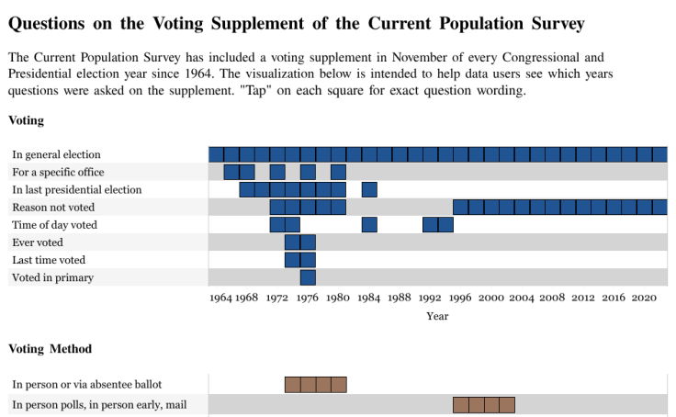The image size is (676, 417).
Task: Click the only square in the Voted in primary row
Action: pos(308,277)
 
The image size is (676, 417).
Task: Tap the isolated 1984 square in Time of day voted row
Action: pos(369,225)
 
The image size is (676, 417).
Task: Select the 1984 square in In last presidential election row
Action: pos(369,190)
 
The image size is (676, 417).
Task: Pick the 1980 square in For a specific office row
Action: pos(338,173)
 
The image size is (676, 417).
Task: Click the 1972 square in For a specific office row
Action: pos(277,173)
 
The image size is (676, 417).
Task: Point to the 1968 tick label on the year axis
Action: pos(246,298)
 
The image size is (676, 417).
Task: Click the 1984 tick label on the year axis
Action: pos(369,298)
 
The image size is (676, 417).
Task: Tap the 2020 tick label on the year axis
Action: pos(644,298)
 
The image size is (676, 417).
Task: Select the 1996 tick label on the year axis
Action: pos(461,298)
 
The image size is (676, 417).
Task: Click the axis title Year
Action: pos(437,316)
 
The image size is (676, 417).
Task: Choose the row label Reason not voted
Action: pos(54,208)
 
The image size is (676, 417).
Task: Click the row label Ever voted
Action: pos(38,242)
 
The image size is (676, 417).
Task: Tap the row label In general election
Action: pos(56,155)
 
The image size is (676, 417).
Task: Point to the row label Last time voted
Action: pos(49,260)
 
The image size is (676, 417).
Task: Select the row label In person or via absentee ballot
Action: pos(87,384)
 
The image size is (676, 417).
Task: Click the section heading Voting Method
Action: pos(50,349)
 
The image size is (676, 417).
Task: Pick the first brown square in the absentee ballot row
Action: pos(293,385)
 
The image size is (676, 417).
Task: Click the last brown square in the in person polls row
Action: pos(507,405)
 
